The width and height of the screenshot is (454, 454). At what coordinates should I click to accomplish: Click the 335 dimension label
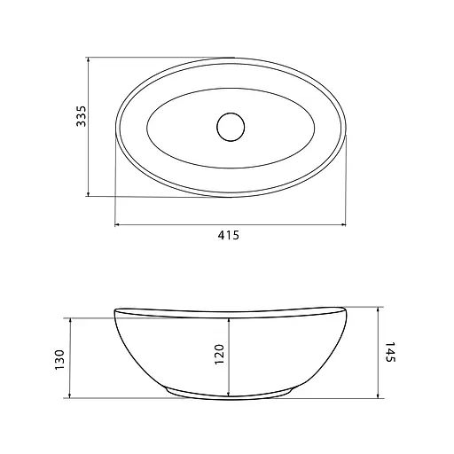tap(81, 116)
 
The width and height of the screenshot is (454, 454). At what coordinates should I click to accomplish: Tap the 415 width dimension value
tap(228, 235)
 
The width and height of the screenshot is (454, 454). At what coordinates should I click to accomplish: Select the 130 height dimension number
tap(59, 359)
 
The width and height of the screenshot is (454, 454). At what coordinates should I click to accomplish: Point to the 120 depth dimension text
tap(219, 354)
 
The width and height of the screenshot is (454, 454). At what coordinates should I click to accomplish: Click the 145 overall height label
tap(390, 352)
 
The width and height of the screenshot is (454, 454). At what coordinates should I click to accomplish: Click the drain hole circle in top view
tap(231, 127)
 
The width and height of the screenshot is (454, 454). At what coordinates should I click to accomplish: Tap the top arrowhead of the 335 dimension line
tap(88, 59)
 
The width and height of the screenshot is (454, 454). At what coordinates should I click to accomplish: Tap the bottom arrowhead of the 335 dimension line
tap(88, 194)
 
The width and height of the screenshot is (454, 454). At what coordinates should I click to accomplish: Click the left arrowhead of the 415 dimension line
tap(117, 225)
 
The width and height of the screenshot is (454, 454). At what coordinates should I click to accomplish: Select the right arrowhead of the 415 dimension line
tap(343, 225)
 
